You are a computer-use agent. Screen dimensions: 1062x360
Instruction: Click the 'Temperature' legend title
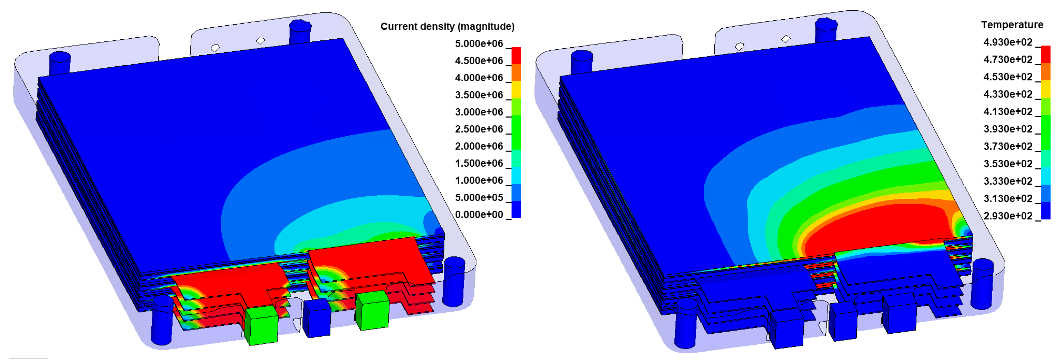click(1012, 25)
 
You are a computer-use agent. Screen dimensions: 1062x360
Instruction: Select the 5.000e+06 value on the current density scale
click(479, 44)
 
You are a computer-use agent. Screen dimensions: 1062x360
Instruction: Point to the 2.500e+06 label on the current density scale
click(479, 129)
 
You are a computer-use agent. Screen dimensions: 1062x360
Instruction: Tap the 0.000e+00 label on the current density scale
click(479, 214)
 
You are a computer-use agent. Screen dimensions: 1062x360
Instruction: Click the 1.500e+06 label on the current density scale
click(479, 163)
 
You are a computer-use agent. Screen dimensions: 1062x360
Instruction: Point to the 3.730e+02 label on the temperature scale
click(1008, 146)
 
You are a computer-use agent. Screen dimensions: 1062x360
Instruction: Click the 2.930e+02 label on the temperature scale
click(1008, 216)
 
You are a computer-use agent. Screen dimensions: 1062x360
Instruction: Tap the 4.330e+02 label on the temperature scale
click(1008, 94)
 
